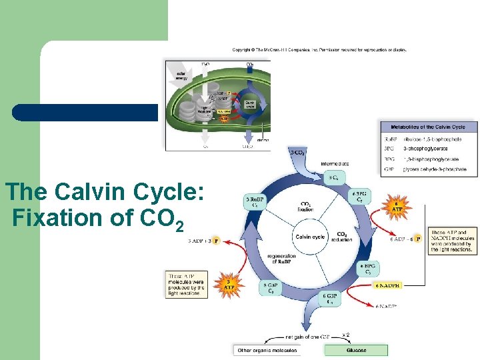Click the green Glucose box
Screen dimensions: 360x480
356,349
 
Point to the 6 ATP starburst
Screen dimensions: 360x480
397,207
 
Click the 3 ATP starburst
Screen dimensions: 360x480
229,285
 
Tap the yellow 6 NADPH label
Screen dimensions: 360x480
388,285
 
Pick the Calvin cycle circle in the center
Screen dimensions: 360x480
310,237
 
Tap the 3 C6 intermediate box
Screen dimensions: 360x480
333,177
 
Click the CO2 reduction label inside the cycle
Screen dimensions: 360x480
341,237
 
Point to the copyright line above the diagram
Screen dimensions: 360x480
319,49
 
